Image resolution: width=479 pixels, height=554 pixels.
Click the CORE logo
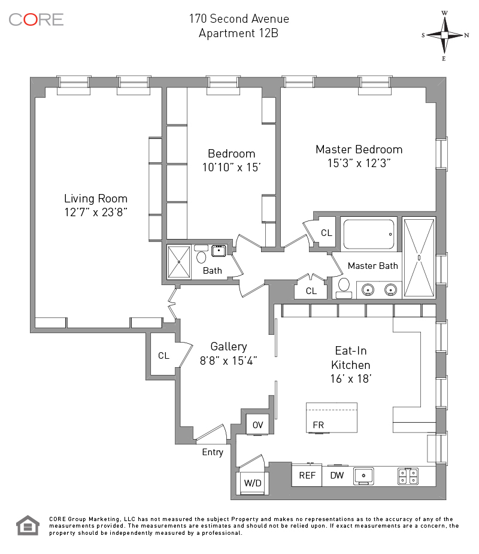point(36,19)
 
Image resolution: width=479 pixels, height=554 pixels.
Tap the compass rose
point(445,35)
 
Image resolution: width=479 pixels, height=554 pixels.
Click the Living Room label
point(96,199)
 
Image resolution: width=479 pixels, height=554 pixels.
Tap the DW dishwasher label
point(337,476)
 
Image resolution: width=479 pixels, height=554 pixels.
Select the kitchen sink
point(363,476)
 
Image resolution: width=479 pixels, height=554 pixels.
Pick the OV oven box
point(258,425)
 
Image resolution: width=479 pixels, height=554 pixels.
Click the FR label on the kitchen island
point(319,425)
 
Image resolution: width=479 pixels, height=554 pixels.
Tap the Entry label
point(213,452)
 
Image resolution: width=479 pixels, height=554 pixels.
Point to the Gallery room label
point(229,347)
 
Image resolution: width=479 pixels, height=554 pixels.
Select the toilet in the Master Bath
point(344,287)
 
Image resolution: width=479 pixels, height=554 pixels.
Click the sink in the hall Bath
point(219,250)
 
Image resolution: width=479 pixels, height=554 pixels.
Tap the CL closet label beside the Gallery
point(163,356)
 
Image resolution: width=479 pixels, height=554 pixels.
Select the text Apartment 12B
point(238,33)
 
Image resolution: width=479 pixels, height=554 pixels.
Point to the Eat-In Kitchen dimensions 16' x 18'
point(351,379)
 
